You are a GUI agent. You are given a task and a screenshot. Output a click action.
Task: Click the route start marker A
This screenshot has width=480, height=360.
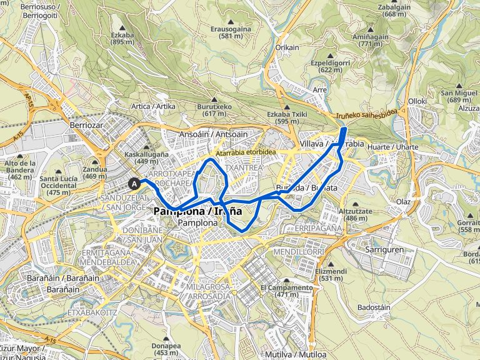tap(134, 184)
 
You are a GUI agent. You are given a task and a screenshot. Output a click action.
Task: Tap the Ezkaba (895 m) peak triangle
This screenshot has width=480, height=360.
tap(119, 28)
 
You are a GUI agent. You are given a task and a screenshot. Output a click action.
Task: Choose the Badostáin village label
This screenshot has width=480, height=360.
tap(374, 307)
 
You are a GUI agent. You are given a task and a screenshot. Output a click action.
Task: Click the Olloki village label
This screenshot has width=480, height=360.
tap(417, 100)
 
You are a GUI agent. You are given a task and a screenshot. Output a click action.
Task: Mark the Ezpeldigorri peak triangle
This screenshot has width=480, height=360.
tap(329, 56)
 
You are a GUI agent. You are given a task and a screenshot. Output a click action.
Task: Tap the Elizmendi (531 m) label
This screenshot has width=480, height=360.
tap(331, 275)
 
